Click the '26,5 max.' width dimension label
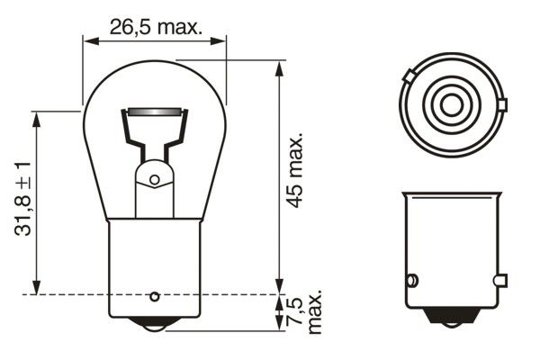(x=155, y=26)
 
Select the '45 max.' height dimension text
(x=294, y=171)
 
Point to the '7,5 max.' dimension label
(x=305, y=311)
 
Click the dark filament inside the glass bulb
(x=155, y=112)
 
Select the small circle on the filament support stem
(x=155, y=180)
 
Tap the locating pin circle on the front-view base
(x=155, y=296)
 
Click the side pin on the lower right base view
(x=412, y=280)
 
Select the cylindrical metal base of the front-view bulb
(x=155, y=265)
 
